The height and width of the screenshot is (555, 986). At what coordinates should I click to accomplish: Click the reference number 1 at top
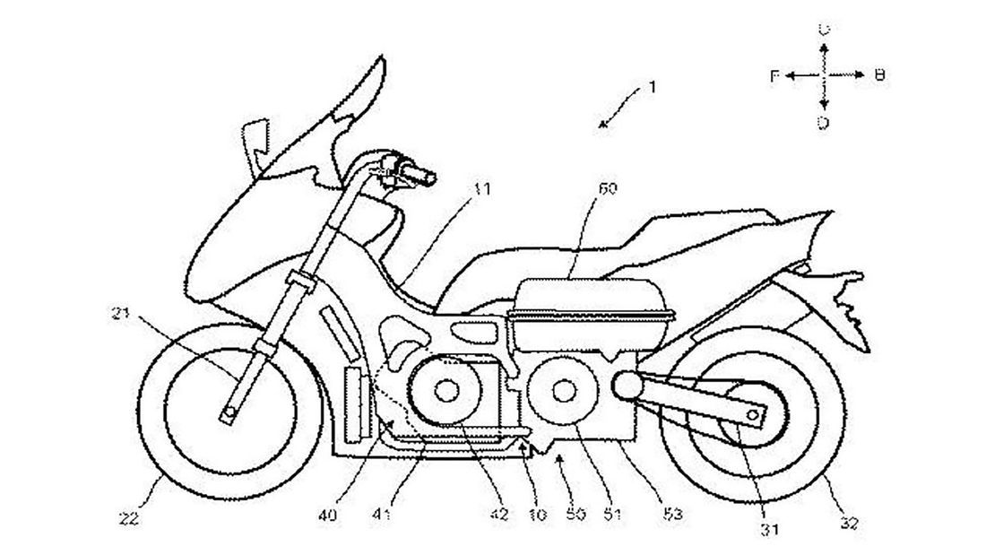(653, 88)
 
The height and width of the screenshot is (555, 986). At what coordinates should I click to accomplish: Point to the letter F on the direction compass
(774, 77)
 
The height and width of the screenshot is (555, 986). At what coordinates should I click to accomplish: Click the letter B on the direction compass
(879, 76)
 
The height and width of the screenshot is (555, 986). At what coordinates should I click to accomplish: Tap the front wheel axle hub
(229, 414)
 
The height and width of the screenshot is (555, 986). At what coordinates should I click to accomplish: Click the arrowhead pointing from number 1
(603, 126)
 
